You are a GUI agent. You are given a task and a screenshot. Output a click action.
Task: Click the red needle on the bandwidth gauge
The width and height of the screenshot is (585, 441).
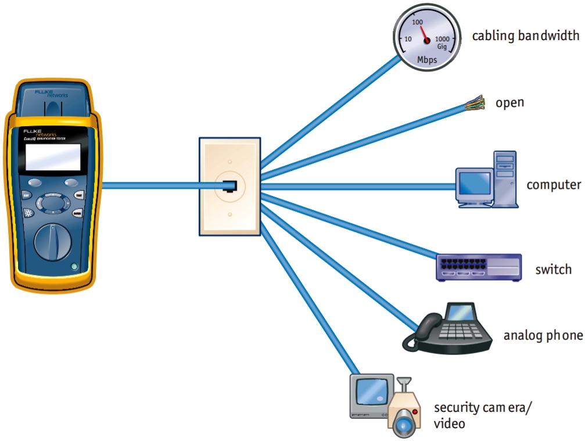tap(423, 33)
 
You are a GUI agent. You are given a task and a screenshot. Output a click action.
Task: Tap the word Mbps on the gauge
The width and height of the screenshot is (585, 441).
tap(427, 59)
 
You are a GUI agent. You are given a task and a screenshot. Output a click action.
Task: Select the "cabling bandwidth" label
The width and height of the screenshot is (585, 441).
tap(525, 36)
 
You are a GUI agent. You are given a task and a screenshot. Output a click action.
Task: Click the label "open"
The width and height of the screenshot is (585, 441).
tap(509, 103)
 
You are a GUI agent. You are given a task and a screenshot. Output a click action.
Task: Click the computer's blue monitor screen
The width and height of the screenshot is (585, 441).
tap(474, 183)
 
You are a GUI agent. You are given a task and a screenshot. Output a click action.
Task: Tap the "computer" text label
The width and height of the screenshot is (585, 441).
tap(553, 185)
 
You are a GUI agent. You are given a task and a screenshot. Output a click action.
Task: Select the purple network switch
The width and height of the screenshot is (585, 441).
tap(478, 268)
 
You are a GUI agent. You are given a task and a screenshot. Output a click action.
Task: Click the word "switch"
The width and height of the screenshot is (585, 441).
tap(553, 270)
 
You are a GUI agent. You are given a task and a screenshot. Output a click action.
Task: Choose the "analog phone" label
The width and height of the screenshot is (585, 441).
tap(543, 336)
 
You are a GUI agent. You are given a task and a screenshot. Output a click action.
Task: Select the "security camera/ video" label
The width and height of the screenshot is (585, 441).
tap(482, 415)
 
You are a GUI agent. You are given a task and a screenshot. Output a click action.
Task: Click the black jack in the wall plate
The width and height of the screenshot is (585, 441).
tap(230, 186)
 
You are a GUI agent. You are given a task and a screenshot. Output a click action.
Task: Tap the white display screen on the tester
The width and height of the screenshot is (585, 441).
tap(52, 157)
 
